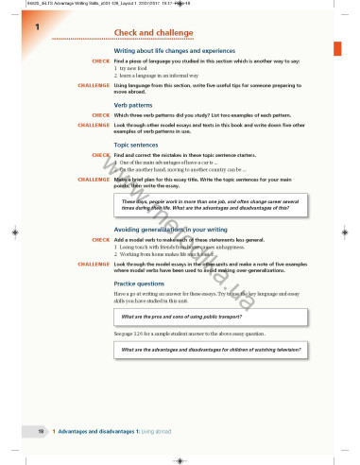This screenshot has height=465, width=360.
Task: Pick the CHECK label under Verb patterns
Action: tap(101, 116)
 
